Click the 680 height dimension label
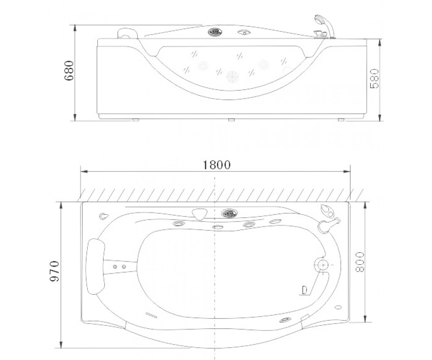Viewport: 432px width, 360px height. (69, 71)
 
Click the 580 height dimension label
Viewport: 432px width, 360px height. (374, 78)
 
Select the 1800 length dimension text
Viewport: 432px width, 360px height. (217, 165)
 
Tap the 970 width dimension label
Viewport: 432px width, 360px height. (54, 271)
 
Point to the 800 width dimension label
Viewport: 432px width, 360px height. (360, 262)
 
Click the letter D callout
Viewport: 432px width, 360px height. (304, 290)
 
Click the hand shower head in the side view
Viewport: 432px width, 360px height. (318, 19)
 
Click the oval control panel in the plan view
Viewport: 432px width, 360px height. (229, 213)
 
